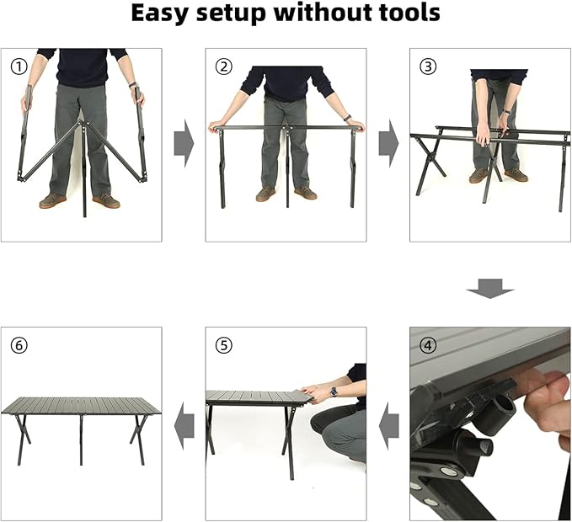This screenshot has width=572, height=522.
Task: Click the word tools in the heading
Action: (409, 13)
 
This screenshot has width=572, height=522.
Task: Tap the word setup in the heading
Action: (232, 14)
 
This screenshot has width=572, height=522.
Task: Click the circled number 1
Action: (19, 67)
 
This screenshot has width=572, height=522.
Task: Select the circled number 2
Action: (223, 67)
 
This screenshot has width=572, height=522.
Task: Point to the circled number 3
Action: (428, 67)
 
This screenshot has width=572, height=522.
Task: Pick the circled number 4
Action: (428, 345)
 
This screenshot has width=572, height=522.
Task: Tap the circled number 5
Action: (223, 345)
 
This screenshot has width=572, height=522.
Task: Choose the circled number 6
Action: (19, 345)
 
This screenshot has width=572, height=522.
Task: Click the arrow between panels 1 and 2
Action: (184, 144)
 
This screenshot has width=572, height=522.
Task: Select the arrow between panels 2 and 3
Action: (389, 144)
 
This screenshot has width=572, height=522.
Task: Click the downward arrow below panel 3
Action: (490, 289)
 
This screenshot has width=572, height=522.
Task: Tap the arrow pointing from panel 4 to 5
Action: (389, 426)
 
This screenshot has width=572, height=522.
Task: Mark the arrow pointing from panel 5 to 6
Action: (184, 426)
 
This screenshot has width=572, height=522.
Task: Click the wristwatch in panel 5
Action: (334, 391)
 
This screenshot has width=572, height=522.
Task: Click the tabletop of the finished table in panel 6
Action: (81, 405)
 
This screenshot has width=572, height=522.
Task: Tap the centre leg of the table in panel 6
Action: (81, 440)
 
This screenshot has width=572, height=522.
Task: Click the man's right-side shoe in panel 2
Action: (306, 193)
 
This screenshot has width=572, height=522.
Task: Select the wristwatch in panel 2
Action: (348, 118)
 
